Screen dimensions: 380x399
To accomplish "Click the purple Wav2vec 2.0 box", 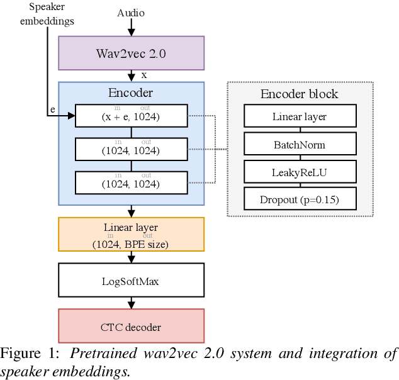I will point(131,53).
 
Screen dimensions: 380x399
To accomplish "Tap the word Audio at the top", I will point(131,13).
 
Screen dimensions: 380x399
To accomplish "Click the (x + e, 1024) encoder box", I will point(131,116).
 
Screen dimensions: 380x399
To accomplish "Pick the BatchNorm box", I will point(300,145).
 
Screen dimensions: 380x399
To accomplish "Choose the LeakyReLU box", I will point(300,172).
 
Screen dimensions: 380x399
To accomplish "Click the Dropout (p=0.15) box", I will point(300,200).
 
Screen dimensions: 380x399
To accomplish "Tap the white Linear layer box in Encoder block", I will point(300,116).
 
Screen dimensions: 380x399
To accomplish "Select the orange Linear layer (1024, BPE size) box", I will point(131,235).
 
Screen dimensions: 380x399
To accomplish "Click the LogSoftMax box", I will point(131,281).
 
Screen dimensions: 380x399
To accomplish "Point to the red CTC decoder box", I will point(131,327).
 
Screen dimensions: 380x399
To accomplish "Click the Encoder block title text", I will point(300,94).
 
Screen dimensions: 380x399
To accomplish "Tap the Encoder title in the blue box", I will point(131,92).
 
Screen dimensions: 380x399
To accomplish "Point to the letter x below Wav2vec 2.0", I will point(144,75).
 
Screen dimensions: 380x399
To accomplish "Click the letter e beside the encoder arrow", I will point(53,109).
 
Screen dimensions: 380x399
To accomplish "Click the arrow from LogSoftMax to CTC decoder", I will point(131,303).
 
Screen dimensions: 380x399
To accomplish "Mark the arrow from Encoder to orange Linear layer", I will point(131,211).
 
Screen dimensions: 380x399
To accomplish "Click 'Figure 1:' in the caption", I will point(30,354).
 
